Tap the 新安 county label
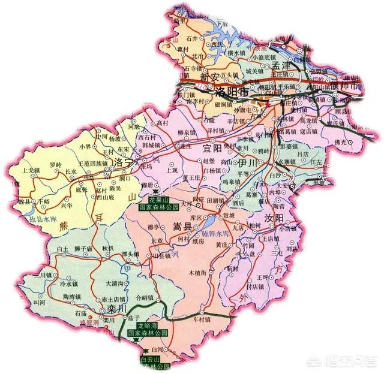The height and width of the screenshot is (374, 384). point(210,77)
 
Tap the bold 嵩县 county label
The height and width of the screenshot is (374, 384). point(182,227)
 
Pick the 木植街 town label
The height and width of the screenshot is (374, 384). point(197,273)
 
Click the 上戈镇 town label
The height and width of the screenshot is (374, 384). point(31,170)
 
